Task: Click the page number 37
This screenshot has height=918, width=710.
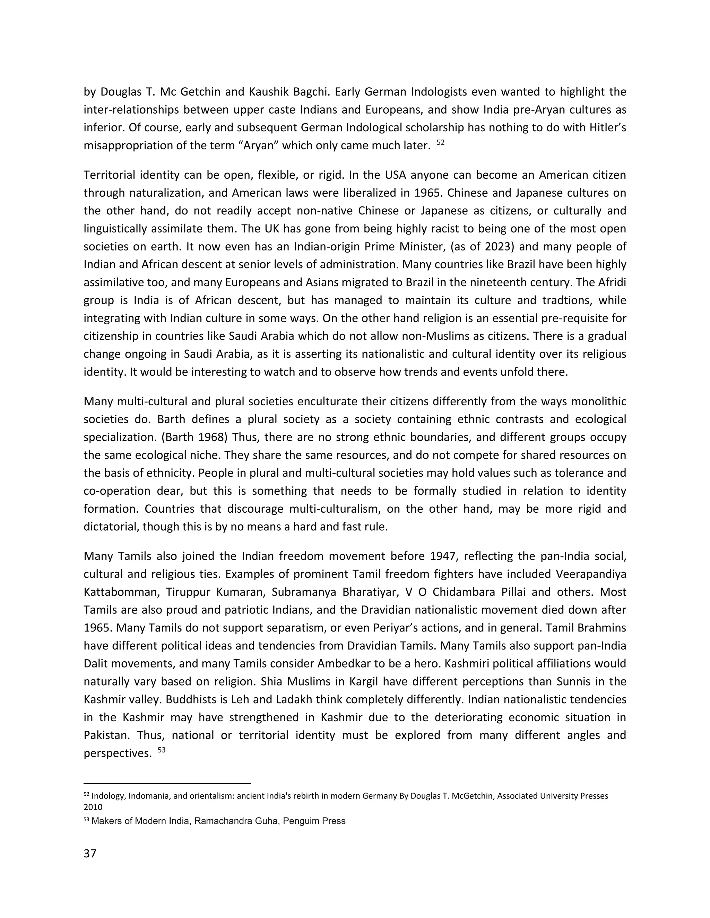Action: (x=90, y=853)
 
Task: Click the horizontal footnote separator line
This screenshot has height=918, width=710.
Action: (x=167, y=784)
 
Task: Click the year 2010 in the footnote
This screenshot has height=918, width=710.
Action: (x=93, y=807)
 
